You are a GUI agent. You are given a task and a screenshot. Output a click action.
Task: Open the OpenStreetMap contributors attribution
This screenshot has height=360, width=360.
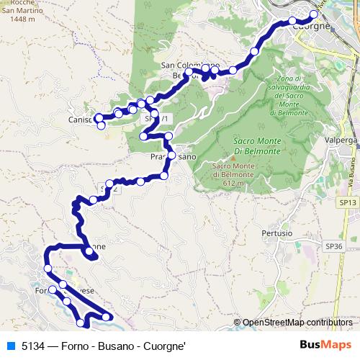tap(297, 323)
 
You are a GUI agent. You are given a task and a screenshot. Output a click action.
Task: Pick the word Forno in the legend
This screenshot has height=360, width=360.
tap(74, 346)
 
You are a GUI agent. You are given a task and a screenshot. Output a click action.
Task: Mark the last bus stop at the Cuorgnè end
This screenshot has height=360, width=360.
tap(314, 14)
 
